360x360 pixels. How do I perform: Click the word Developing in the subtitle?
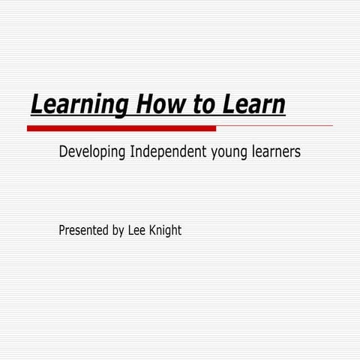(x=92, y=152)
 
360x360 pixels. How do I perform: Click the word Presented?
(x=82, y=230)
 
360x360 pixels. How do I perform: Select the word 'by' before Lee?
(x=118, y=231)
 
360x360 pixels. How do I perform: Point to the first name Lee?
(x=137, y=230)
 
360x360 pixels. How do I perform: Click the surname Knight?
(x=166, y=231)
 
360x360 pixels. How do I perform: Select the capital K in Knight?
(x=153, y=230)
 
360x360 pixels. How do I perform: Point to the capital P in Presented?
(x=61, y=230)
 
